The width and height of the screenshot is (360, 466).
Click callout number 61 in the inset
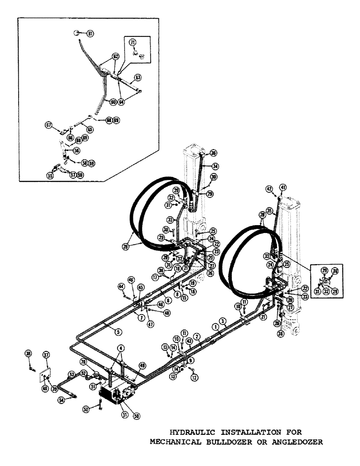pos(90,33)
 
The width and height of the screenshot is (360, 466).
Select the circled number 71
pos(132,42)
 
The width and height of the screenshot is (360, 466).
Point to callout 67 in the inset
pos(48,125)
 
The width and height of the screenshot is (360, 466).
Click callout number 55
pos(50,176)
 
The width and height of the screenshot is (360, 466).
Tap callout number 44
pos(120,286)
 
